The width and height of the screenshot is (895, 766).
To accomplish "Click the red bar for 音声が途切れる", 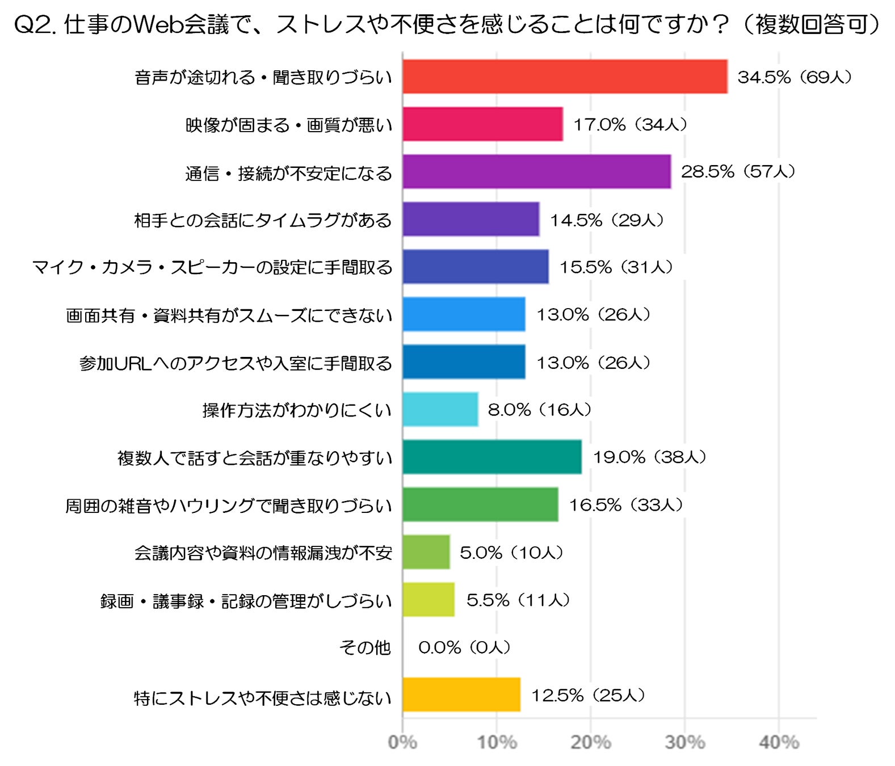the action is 565,77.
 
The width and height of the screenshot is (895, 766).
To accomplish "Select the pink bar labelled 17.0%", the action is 482,124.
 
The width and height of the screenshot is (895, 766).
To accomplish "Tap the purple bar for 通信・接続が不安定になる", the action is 536,172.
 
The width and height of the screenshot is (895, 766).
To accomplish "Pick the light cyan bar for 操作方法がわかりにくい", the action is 440,410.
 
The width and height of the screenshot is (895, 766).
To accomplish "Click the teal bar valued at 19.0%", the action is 492,457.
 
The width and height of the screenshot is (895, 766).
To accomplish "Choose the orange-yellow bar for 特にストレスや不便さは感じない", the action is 461,695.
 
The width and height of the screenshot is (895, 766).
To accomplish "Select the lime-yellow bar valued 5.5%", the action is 428,600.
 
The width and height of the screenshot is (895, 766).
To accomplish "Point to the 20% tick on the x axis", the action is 591,743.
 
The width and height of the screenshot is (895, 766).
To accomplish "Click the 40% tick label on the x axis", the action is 779,743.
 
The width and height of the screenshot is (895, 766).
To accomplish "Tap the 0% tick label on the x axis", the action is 403,743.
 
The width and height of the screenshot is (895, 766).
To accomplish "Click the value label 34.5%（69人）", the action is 795,77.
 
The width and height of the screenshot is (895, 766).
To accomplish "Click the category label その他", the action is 365,648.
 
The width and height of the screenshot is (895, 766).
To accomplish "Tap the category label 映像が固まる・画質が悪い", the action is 289,125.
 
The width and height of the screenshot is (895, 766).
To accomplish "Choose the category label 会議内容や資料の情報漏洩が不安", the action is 263,553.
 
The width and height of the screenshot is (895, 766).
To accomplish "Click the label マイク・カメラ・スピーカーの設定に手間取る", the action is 213,268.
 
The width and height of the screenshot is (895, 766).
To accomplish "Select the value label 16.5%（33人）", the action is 626,505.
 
